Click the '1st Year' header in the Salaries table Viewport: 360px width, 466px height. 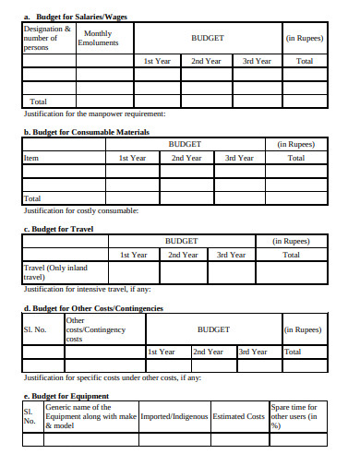pos(158,60)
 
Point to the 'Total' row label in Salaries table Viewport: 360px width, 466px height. pos(38,102)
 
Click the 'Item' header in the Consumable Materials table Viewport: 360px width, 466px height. pos(30,158)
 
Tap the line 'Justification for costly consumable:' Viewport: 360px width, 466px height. pos(81,210)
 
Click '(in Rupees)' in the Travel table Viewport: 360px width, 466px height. pos(291,241)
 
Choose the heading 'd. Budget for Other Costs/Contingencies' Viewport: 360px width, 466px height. pos(92,307)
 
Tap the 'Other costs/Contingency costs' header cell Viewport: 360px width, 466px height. pos(95,329)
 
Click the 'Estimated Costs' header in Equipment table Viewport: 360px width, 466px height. pos(239,416)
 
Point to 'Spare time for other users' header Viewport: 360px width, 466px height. pos(294,416)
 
